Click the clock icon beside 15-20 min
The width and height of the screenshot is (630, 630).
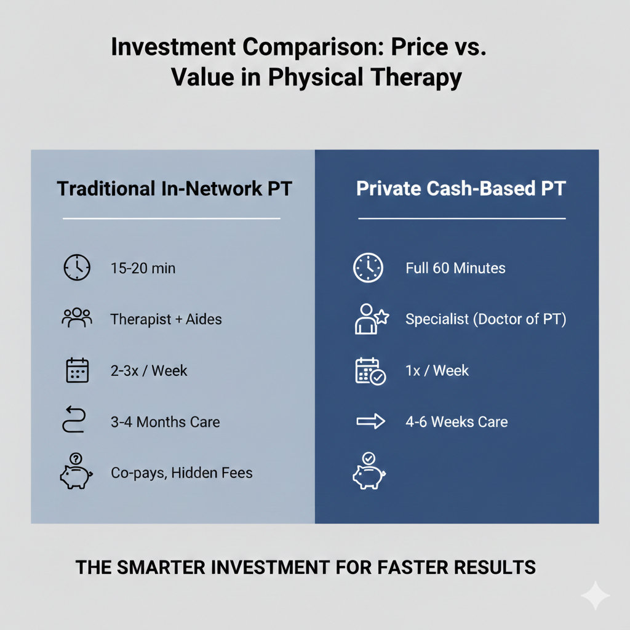(x=77, y=268)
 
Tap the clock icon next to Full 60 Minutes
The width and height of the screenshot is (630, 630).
(x=368, y=268)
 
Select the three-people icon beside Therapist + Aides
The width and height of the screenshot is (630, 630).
(x=77, y=318)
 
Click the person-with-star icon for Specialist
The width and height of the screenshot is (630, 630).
(x=371, y=319)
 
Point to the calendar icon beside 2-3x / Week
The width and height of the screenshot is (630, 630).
(x=77, y=370)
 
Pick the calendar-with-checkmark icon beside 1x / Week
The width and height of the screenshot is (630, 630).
(x=370, y=371)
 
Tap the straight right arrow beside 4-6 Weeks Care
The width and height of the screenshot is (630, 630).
(x=370, y=422)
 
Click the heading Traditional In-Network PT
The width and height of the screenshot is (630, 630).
(x=174, y=188)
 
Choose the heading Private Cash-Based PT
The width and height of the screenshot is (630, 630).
(x=461, y=188)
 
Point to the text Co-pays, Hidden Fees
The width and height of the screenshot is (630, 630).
(x=181, y=473)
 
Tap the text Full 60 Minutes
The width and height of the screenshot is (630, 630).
(x=455, y=268)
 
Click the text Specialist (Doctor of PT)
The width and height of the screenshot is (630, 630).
(x=485, y=319)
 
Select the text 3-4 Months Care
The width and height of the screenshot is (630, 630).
(x=165, y=422)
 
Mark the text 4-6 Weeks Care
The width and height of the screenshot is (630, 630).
(x=457, y=422)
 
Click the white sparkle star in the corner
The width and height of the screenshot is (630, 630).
(x=595, y=596)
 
